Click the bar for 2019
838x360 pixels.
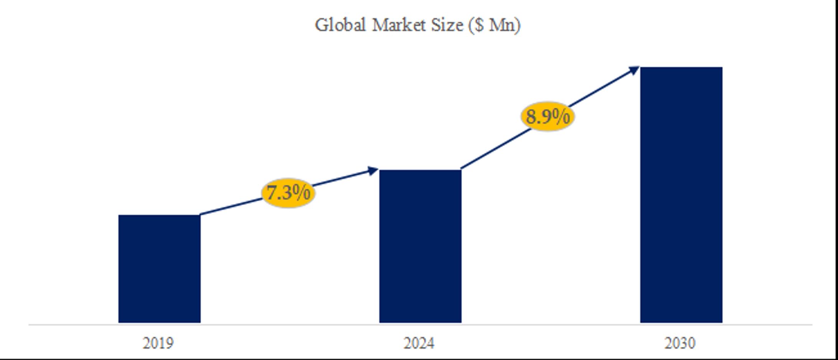pos(159,269)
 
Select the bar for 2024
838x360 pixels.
pos(420,246)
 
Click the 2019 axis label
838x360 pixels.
pos(158,343)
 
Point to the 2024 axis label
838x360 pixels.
pos(419,343)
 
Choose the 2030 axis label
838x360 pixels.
pos(680,343)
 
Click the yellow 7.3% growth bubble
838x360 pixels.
pos(288,193)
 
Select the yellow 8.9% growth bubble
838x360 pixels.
pos(548,116)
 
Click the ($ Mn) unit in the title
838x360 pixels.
pos(495,26)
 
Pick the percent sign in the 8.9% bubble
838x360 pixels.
pos(561,116)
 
